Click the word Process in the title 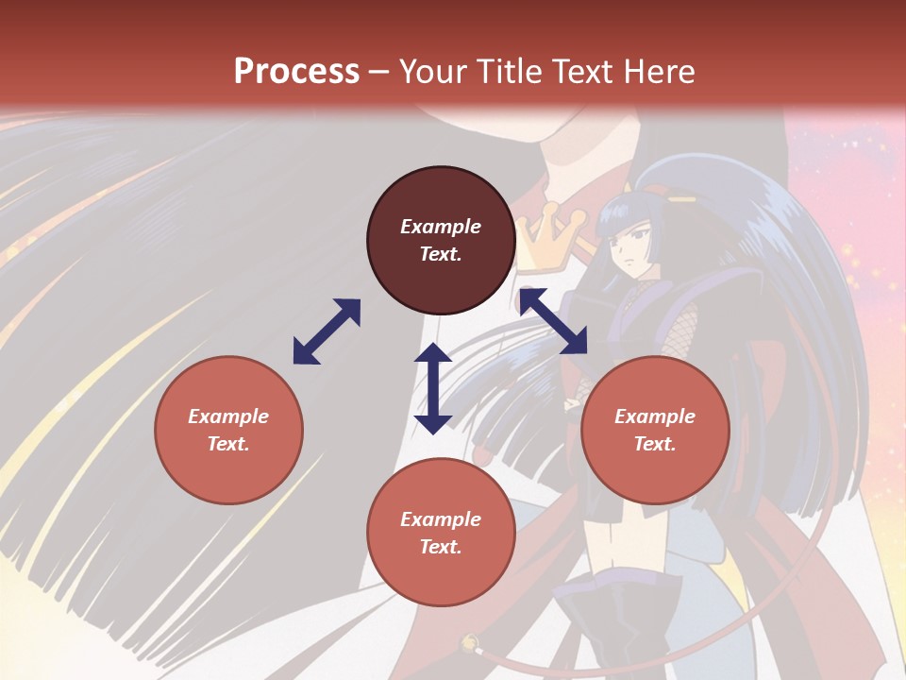coord(296,72)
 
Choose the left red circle coord(228,430)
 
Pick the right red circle coord(655,430)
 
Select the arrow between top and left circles coord(327,331)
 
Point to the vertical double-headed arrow coord(433,388)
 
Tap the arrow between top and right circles coord(553,321)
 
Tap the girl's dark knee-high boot coord(613,623)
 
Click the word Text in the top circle coord(440,254)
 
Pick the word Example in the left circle coord(228,416)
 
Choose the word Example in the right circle coord(655,416)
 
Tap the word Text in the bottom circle coord(440,547)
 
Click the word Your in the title coord(434,72)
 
